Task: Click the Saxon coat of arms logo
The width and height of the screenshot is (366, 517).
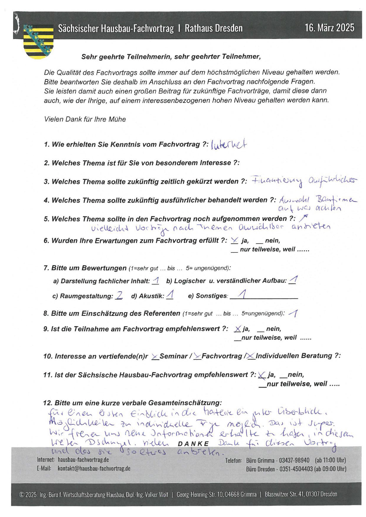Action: click(x=38, y=41)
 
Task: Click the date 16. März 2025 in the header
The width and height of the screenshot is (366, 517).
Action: click(x=329, y=28)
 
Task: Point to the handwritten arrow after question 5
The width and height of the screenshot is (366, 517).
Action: click(x=303, y=218)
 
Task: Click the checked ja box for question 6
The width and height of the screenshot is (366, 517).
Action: click(x=234, y=241)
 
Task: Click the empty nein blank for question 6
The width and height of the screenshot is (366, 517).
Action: click(x=260, y=242)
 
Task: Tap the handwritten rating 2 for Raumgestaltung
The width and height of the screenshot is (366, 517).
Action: click(x=119, y=296)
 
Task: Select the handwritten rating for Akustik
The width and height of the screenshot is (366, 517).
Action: click(x=170, y=295)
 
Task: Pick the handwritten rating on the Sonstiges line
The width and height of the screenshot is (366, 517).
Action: click(x=243, y=294)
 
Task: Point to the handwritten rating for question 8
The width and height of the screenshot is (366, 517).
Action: click(x=294, y=314)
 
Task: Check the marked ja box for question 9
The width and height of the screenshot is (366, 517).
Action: click(x=238, y=329)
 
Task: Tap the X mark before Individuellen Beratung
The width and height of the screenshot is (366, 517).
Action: click(x=251, y=356)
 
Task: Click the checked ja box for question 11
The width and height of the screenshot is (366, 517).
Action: click(x=261, y=375)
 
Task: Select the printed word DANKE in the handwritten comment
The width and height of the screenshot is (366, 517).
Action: click(x=193, y=444)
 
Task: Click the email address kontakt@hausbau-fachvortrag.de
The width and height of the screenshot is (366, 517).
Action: click(x=94, y=469)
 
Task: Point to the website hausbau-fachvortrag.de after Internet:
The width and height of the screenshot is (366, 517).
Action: click(x=83, y=460)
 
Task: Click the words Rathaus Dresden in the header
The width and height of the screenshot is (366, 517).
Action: click(x=214, y=28)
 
